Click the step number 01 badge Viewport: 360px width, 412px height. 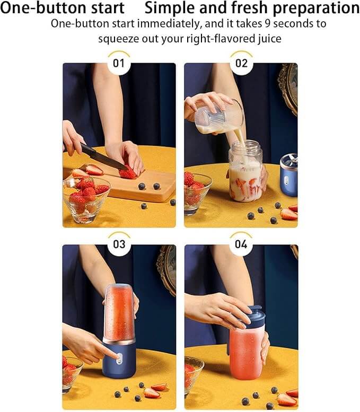tap(119, 63)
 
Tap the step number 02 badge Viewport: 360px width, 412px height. tap(241, 63)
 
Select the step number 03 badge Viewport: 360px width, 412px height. tap(119, 244)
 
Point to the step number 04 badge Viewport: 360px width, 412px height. tap(241, 244)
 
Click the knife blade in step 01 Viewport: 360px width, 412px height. tap(104, 157)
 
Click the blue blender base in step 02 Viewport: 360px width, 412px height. tap(288, 176)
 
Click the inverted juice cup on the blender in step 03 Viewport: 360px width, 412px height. tap(119, 313)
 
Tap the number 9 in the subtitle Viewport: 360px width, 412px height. tap(268, 24)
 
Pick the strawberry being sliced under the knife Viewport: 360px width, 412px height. tap(128, 173)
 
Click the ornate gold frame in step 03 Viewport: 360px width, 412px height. tap(166, 269)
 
